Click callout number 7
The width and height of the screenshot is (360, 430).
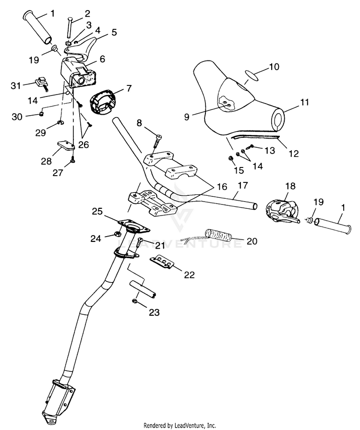(129, 88)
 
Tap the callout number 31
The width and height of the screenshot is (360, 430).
(16, 85)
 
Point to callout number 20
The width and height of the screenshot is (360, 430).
(252, 241)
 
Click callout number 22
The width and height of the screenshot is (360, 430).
(189, 275)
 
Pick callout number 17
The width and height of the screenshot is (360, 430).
(242, 185)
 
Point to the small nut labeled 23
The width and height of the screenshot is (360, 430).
(134, 301)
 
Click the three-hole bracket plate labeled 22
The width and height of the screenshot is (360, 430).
(162, 262)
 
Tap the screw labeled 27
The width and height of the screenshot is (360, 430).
(72, 159)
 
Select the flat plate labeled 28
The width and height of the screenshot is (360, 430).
(66, 144)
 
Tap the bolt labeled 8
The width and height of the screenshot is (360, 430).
(157, 140)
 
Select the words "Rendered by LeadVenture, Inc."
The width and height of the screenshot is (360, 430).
(180, 425)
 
